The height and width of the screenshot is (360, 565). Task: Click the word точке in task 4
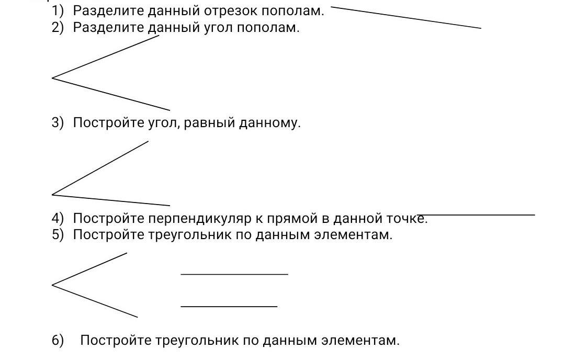click(x=407, y=218)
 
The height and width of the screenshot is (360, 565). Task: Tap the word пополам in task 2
click(x=268, y=27)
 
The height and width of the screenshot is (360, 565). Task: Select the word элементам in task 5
click(x=353, y=234)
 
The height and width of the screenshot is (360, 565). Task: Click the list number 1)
click(x=58, y=11)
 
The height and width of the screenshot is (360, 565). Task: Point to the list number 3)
click(x=58, y=123)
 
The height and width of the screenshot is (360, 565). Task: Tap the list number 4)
click(x=58, y=218)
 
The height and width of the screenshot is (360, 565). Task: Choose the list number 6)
click(x=58, y=340)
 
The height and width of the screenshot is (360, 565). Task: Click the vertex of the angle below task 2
click(x=52, y=78)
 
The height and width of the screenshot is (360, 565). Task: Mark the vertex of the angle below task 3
click(x=52, y=195)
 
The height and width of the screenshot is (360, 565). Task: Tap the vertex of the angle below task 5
click(x=52, y=285)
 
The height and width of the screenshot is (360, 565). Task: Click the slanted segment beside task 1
click(x=406, y=17)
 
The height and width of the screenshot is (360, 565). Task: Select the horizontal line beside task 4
click(x=477, y=215)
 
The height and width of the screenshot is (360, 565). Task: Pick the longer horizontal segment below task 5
click(x=234, y=274)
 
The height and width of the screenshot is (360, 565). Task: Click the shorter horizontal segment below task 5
click(x=229, y=306)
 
